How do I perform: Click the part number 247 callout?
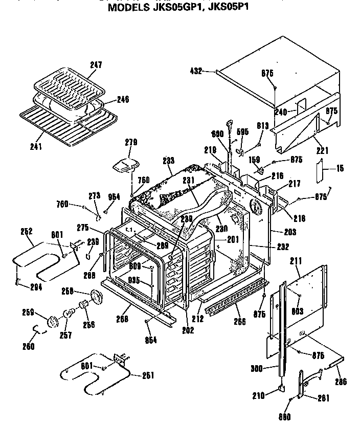[x=95, y=65]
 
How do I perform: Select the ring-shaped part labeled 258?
[x=96, y=297]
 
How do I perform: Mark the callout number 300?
[x=258, y=368]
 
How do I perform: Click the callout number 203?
[x=290, y=232]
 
